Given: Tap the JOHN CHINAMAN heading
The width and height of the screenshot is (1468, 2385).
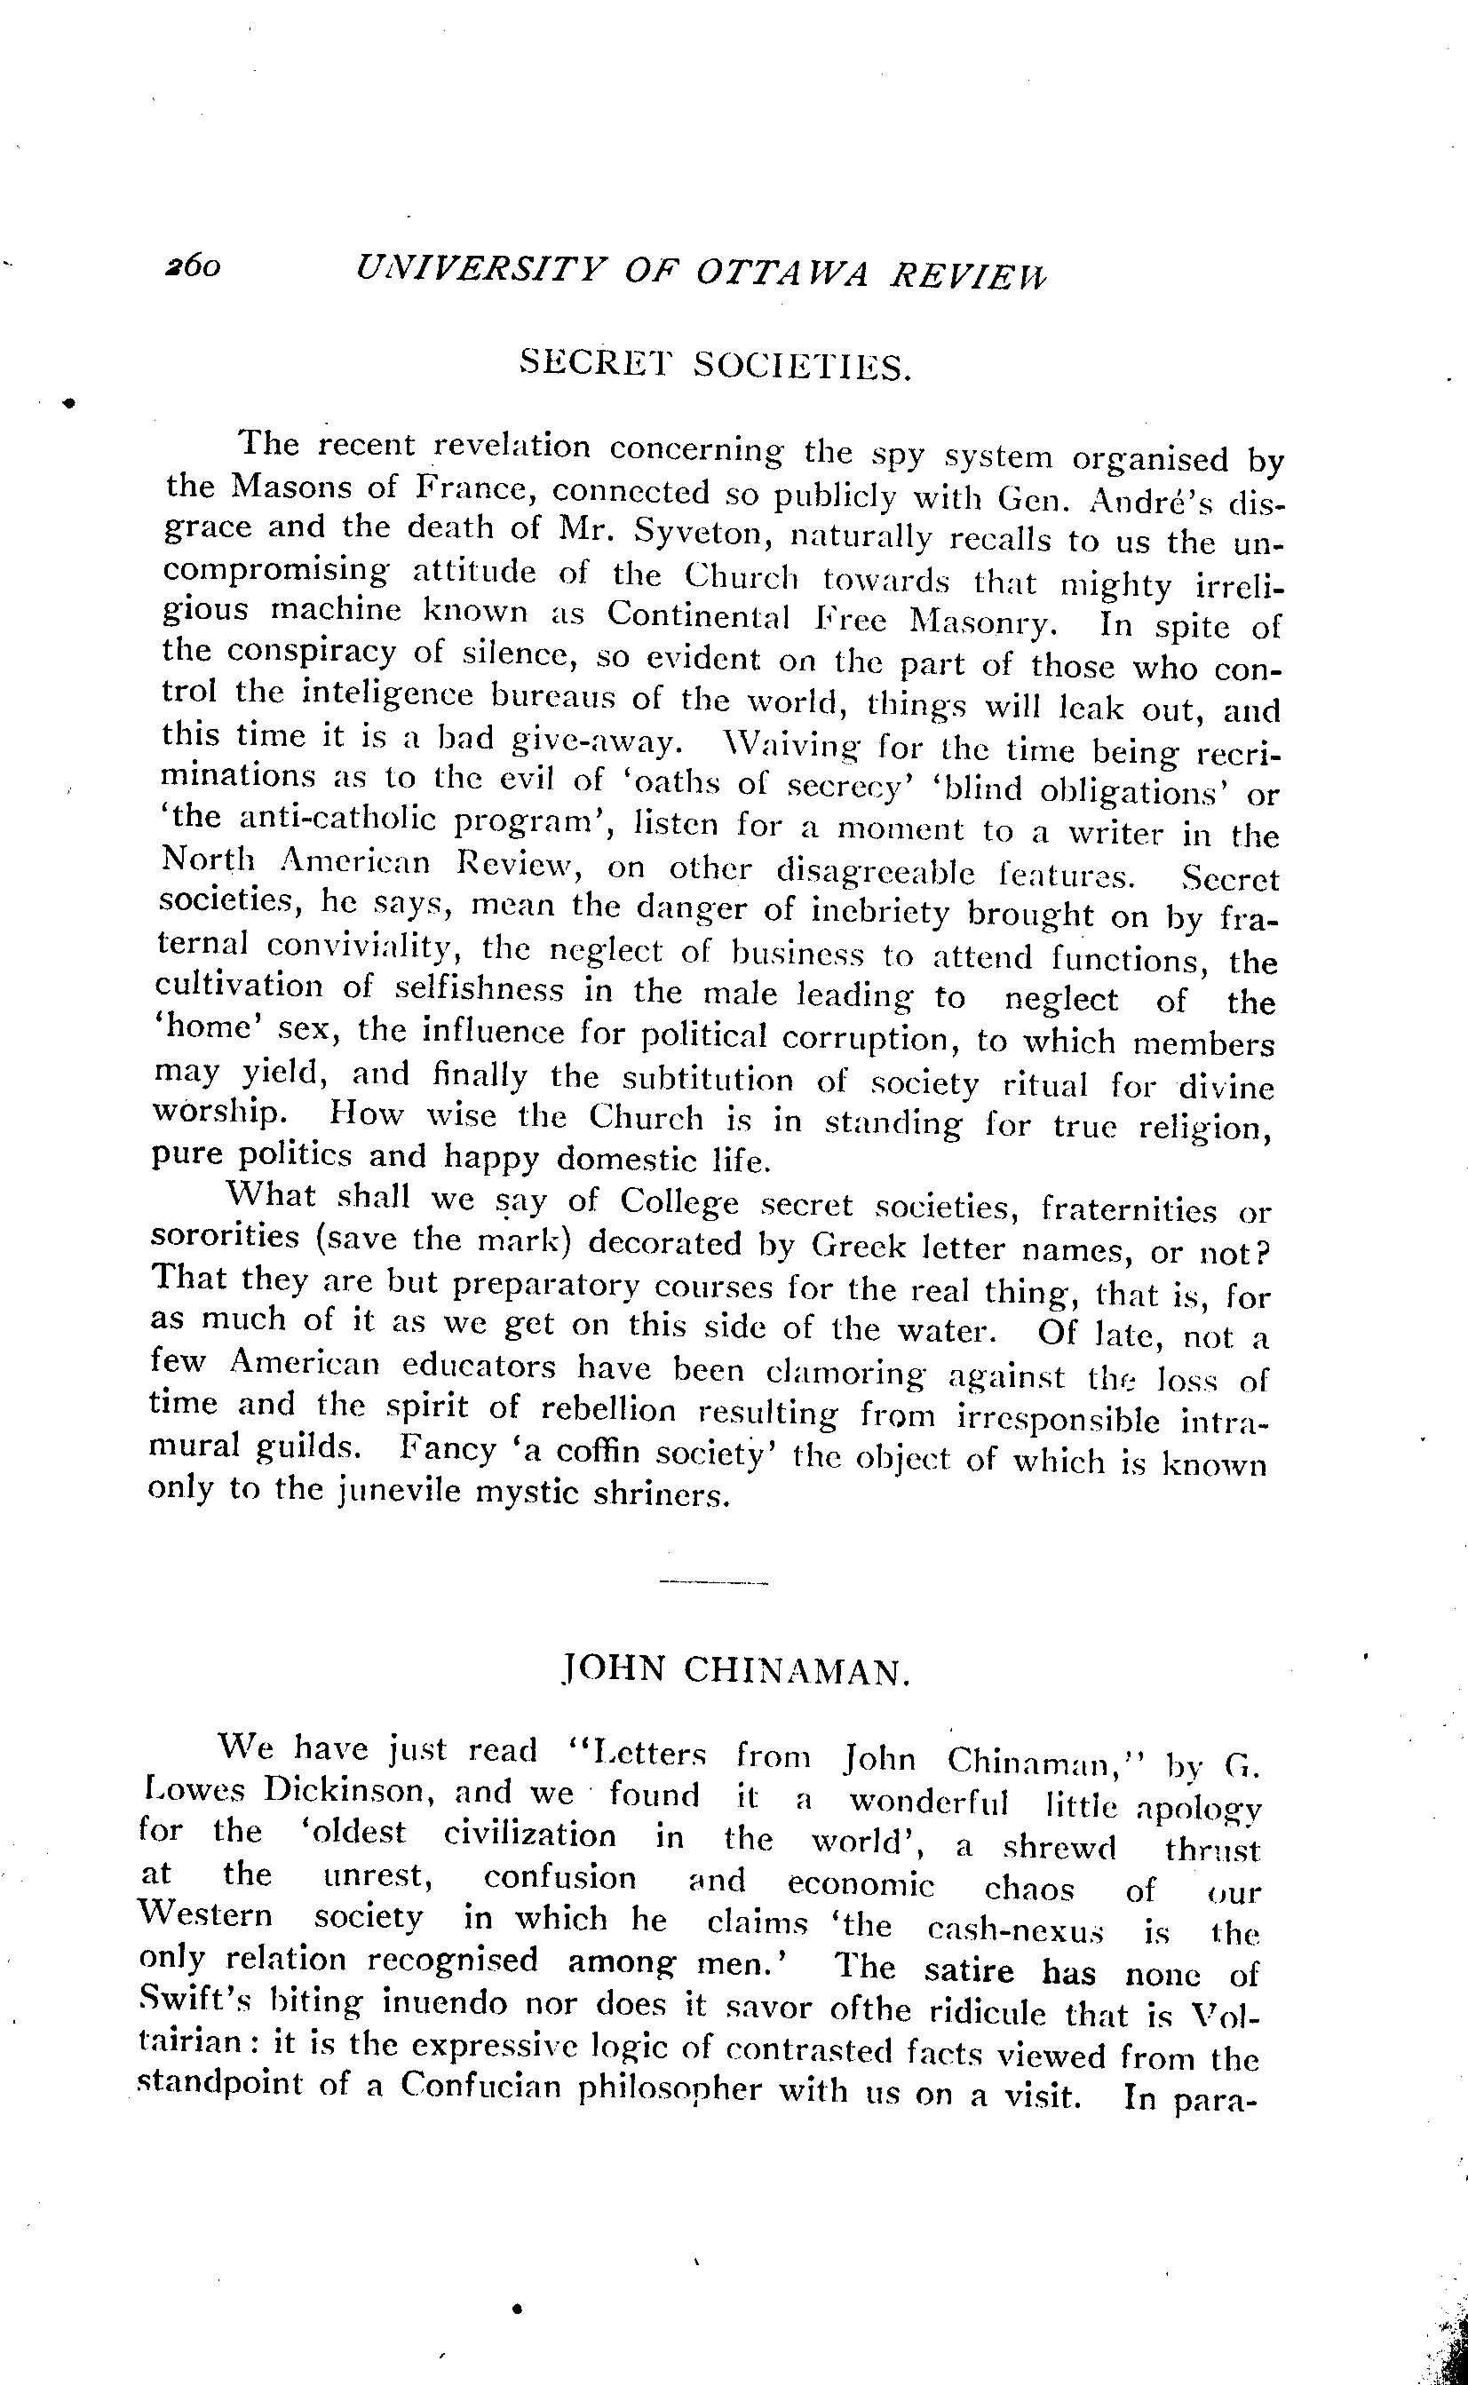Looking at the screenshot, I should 735,1668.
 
